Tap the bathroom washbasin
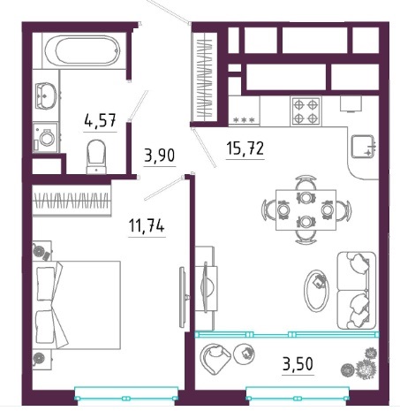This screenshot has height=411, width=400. (46, 95)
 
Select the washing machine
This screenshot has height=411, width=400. (45, 138)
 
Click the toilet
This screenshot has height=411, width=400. (96, 156)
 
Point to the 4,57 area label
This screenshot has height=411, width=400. (100, 120)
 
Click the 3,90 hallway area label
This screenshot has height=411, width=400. (160, 156)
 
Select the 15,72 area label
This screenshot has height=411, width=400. (245, 148)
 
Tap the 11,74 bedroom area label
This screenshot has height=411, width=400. (147, 226)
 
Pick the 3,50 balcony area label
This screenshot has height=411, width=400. (298, 364)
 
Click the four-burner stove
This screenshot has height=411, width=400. (306, 111)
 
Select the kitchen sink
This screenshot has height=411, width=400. (364, 147)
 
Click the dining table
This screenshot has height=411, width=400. (306, 209)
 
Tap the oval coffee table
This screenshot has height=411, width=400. (316, 291)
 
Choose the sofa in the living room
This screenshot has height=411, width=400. (357, 290)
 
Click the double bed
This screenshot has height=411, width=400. (77, 305)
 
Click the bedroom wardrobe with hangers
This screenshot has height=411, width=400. (72, 201)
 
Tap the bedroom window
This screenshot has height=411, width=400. (126, 393)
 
